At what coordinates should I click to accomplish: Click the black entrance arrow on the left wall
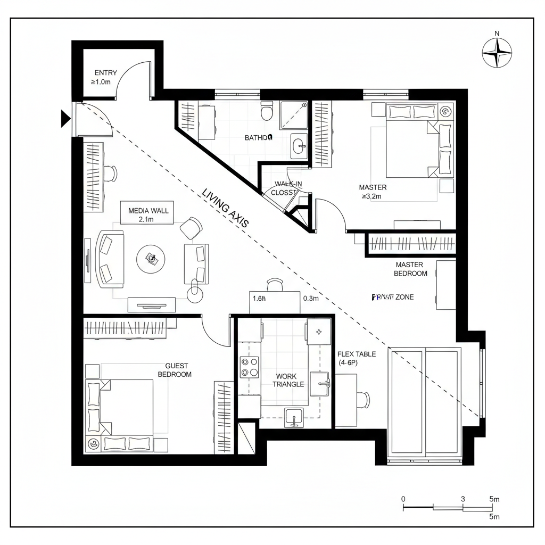(65, 118)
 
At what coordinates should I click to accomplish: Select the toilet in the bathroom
(267, 112)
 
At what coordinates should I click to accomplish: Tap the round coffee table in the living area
(152, 259)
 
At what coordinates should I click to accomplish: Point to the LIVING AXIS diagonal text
(225, 209)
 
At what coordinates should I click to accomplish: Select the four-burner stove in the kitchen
(249, 367)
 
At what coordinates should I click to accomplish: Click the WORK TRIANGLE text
(289, 380)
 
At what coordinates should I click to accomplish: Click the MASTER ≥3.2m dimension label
(373, 192)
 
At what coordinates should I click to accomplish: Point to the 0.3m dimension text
(311, 299)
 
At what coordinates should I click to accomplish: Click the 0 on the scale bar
(403, 499)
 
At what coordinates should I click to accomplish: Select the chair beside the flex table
(365, 399)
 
